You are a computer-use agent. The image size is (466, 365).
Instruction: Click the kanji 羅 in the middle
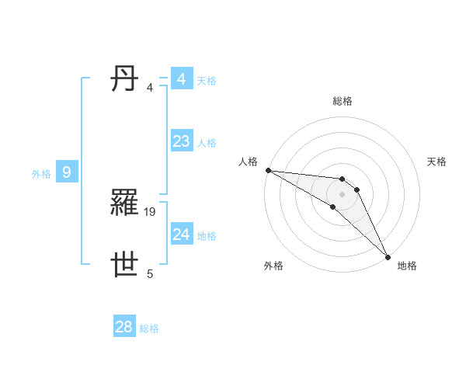126,203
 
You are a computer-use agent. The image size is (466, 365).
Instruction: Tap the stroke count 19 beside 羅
151,211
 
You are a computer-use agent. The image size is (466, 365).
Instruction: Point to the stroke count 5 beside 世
150,273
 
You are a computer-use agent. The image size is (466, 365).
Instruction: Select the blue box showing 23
181,141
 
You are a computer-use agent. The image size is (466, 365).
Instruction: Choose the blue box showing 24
181,235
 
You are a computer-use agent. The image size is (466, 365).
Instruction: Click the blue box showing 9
67,172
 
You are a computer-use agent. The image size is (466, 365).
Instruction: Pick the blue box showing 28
123,327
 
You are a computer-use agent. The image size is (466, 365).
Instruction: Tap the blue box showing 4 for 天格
181,79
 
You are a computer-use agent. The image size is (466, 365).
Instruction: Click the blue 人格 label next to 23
207,143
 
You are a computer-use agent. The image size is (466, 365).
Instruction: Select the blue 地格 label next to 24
207,236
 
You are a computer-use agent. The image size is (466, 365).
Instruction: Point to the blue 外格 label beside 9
41,174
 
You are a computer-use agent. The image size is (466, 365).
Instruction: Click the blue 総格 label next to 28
149,328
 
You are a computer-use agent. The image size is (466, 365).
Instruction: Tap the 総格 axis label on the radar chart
343,101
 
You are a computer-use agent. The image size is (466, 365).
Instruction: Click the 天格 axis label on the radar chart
437,162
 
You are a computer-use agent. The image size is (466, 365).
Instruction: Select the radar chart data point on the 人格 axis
268,170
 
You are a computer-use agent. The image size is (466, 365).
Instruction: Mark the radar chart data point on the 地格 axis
388,257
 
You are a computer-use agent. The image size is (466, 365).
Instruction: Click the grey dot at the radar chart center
343,194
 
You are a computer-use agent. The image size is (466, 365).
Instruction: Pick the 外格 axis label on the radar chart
273,266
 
